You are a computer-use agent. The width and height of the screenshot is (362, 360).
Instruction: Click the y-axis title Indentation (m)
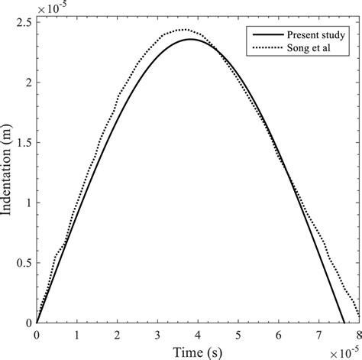click(x=11, y=174)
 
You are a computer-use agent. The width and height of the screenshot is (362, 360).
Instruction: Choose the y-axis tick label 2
click(x=28, y=82)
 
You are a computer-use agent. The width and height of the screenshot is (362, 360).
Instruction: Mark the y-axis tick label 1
click(x=28, y=202)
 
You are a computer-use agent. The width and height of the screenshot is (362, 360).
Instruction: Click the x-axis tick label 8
click(x=358, y=335)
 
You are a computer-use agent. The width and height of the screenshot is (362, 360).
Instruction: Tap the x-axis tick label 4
click(x=198, y=335)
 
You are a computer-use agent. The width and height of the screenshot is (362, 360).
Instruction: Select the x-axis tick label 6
click(x=278, y=335)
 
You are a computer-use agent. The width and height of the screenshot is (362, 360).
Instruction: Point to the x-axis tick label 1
click(x=77, y=335)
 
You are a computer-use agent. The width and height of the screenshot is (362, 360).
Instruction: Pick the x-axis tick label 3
click(x=157, y=335)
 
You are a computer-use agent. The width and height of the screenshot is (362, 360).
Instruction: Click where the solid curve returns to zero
click(x=343, y=323)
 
